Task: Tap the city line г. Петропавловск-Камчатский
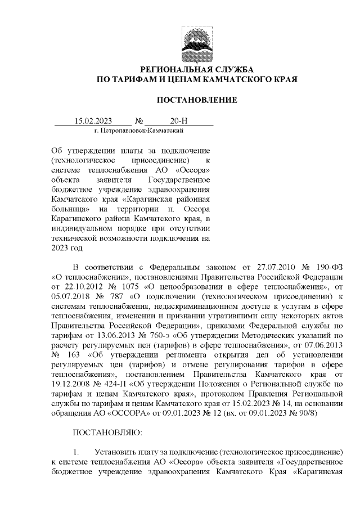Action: [139, 130]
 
